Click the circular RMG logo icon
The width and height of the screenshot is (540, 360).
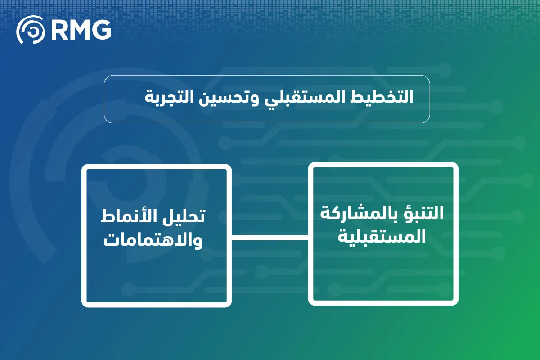[31, 29]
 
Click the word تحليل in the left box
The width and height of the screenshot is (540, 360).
[185, 216]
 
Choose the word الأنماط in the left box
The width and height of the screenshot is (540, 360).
[130, 216]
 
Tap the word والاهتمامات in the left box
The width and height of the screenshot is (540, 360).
[153, 240]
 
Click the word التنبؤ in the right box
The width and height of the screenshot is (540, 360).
[424, 213]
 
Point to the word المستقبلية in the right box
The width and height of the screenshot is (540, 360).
[382, 237]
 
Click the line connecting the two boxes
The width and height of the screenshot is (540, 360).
[270, 238]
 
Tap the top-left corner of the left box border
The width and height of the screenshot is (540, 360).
[84, 166]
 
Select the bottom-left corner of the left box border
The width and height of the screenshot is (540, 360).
[84, 305]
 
